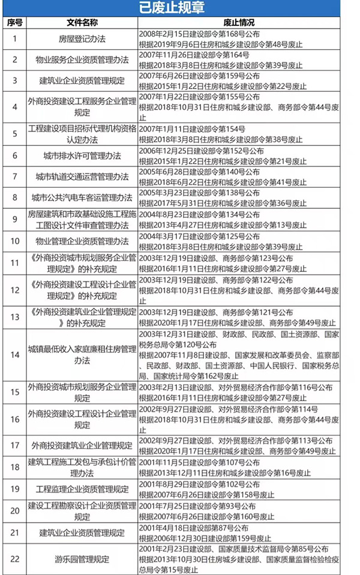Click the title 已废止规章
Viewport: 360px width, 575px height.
[179, 8]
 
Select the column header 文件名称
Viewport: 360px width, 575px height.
[82, 23]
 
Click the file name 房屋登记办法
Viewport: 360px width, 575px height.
[82, 40]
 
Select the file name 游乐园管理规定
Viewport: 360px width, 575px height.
[82, 559]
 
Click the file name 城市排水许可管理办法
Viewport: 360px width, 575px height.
[82, 155]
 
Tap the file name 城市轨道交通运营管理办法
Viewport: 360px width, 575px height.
[82, 176]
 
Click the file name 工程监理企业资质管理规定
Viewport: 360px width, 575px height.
[82, 489]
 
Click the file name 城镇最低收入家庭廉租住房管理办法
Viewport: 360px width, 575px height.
[82, 354]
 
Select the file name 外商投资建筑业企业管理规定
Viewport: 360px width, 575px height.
[82, 446]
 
